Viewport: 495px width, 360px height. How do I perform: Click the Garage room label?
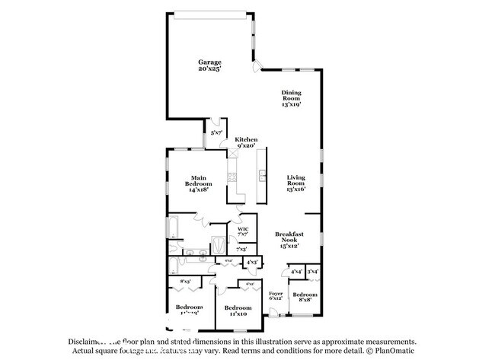(x=210, y=65)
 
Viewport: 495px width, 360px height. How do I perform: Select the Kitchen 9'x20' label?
(x=246, y=142)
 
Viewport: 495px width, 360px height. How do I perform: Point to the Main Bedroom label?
(x=199, y=184)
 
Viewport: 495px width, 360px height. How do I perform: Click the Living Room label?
(x=295, y=183)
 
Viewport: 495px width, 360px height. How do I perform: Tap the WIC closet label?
(x=243, y=231)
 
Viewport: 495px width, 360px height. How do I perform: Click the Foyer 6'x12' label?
(x=276, y=295)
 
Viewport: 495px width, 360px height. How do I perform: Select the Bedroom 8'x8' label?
(x=305, y=297)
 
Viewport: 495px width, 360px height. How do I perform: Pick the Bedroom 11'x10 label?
(x=237, y=311)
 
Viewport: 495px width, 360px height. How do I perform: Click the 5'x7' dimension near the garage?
(x=217, y=132)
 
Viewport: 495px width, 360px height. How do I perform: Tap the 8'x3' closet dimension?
(x=185, y=282)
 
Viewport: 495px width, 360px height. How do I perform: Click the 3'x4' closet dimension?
(x=312, y=271)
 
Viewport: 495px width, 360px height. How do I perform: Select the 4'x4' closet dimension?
(x=295, y=271)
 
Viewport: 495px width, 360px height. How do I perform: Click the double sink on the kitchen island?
(x=261, y=176)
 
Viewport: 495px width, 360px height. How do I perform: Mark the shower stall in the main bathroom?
(x=217, y=245)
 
